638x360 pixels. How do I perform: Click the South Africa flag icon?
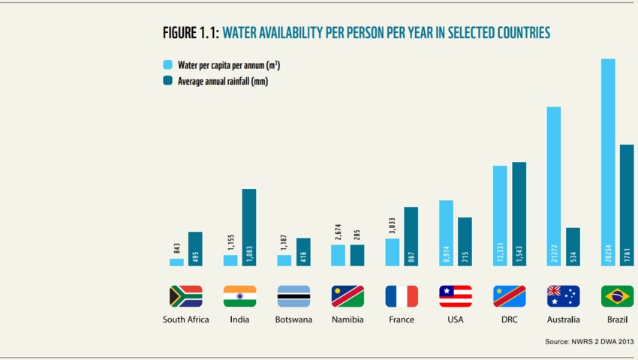pos(185,296)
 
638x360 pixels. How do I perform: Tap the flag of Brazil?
pos(617,296)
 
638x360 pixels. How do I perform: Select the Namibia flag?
pos(348,296)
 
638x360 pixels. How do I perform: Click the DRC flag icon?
pos(509,296)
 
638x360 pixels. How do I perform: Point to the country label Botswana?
pos(293,319)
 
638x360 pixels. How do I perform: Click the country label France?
pos(402,319)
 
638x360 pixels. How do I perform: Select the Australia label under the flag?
pos(563,319)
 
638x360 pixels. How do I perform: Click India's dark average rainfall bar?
pos(248,227)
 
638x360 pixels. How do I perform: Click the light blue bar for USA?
pos(446,232)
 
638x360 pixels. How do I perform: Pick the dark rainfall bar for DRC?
pos(519,214)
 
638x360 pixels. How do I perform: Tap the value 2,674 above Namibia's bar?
pos(339,232)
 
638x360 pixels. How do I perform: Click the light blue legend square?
pos(167,65)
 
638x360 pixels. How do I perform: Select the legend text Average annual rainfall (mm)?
pos(222,81)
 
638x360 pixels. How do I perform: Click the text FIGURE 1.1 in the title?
pos(191,33)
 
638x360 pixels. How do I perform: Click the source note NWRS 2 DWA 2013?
pos(589,342)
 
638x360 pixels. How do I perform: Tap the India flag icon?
pos(239,296)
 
